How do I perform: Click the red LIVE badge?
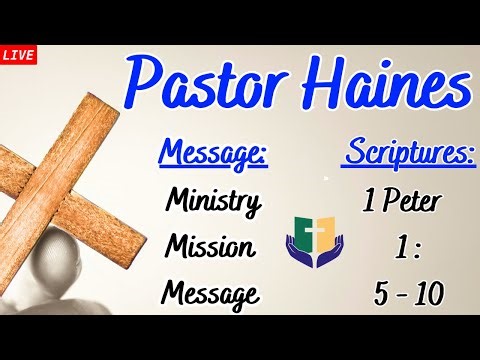19,54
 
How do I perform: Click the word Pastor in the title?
206,84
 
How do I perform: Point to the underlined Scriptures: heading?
410,156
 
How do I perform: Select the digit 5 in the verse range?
382,294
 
